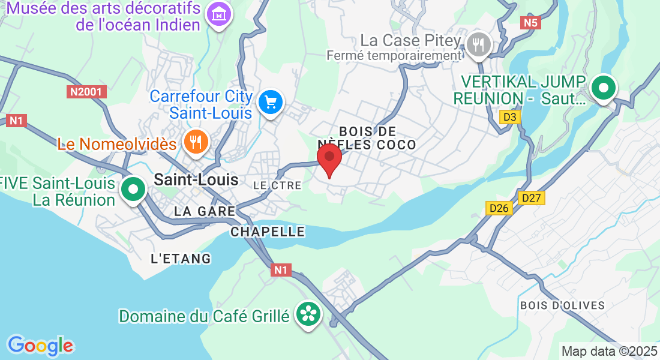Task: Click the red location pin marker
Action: (329, 157)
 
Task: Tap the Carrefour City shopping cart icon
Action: (271, 102)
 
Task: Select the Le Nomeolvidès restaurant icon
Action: (196, 142)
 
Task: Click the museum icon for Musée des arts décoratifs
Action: (219, 15)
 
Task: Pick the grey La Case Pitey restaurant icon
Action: (478, 44)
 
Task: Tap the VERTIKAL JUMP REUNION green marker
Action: (604, 89)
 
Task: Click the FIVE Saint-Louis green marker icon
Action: (133, 190)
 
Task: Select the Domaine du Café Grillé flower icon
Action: (308, 314)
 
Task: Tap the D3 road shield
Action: (510, 118)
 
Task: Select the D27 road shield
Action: (532, 197)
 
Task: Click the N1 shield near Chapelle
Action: (280, 270)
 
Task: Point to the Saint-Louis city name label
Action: (196, 179)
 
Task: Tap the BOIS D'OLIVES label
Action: (563, 305)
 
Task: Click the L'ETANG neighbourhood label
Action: (181, 259)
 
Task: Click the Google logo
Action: (40, 345)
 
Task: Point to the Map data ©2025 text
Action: (609, 351)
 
